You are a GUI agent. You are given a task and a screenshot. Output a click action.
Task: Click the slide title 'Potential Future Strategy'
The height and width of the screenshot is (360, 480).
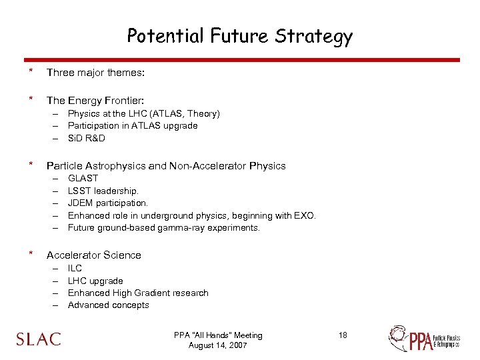(x=239, y=36)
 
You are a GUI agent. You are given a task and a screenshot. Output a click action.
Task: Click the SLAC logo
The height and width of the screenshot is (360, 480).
(x=39, y=339)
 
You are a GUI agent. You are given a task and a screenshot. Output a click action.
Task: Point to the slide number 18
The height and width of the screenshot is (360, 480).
(x=343, y=335)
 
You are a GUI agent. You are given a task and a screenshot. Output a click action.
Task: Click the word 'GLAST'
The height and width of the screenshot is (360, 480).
(x=83, y=178)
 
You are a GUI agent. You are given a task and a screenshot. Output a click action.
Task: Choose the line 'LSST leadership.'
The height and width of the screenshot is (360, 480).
(x=103, y=191)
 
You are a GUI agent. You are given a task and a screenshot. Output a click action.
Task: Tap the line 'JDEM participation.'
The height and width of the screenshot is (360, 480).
(x=108, y=203)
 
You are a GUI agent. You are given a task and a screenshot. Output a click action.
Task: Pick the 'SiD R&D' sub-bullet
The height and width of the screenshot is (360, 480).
(x=87, y=138)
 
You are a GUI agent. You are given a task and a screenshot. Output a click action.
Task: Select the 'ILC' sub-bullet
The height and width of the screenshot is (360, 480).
(x=75, y=268)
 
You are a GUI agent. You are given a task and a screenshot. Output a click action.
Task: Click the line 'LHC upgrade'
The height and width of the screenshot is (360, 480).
(x=95, y=281)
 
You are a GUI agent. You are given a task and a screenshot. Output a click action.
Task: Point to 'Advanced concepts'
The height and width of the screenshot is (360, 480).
(x=109, y=305)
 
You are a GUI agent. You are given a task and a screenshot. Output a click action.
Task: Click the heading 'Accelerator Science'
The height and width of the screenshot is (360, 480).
(x=93, y=255)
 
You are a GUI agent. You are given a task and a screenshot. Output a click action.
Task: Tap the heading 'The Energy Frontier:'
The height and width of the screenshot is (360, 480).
(x=95, y=100)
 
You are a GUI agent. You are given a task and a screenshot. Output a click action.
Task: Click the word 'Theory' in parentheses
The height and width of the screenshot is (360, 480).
(x=203, y=113)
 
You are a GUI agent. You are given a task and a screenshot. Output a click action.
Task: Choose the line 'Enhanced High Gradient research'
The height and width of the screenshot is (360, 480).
(x=138, y=293)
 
